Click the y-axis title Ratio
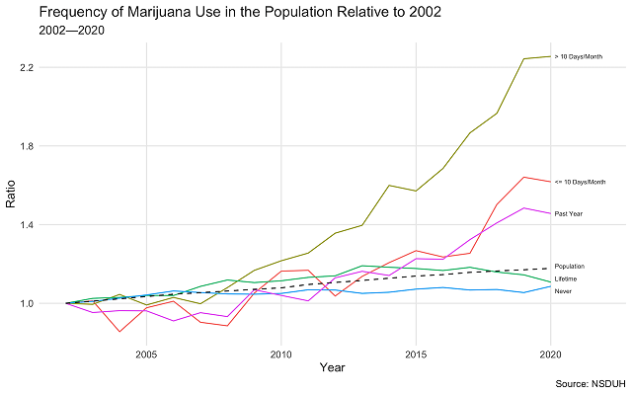tap(11, 197)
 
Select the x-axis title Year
tap(332, 367)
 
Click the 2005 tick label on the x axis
tap(146, 354)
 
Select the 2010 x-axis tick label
tap(281, 354)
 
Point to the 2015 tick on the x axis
tap(416, 354)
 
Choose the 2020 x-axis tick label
tap(550, 354)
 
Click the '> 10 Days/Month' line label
tap(579, 56)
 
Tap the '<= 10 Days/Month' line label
tap(580, 182)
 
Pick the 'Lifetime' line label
tap(566, 279)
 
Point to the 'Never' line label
tap(563, 291)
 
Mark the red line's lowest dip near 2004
tap(119, 332)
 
